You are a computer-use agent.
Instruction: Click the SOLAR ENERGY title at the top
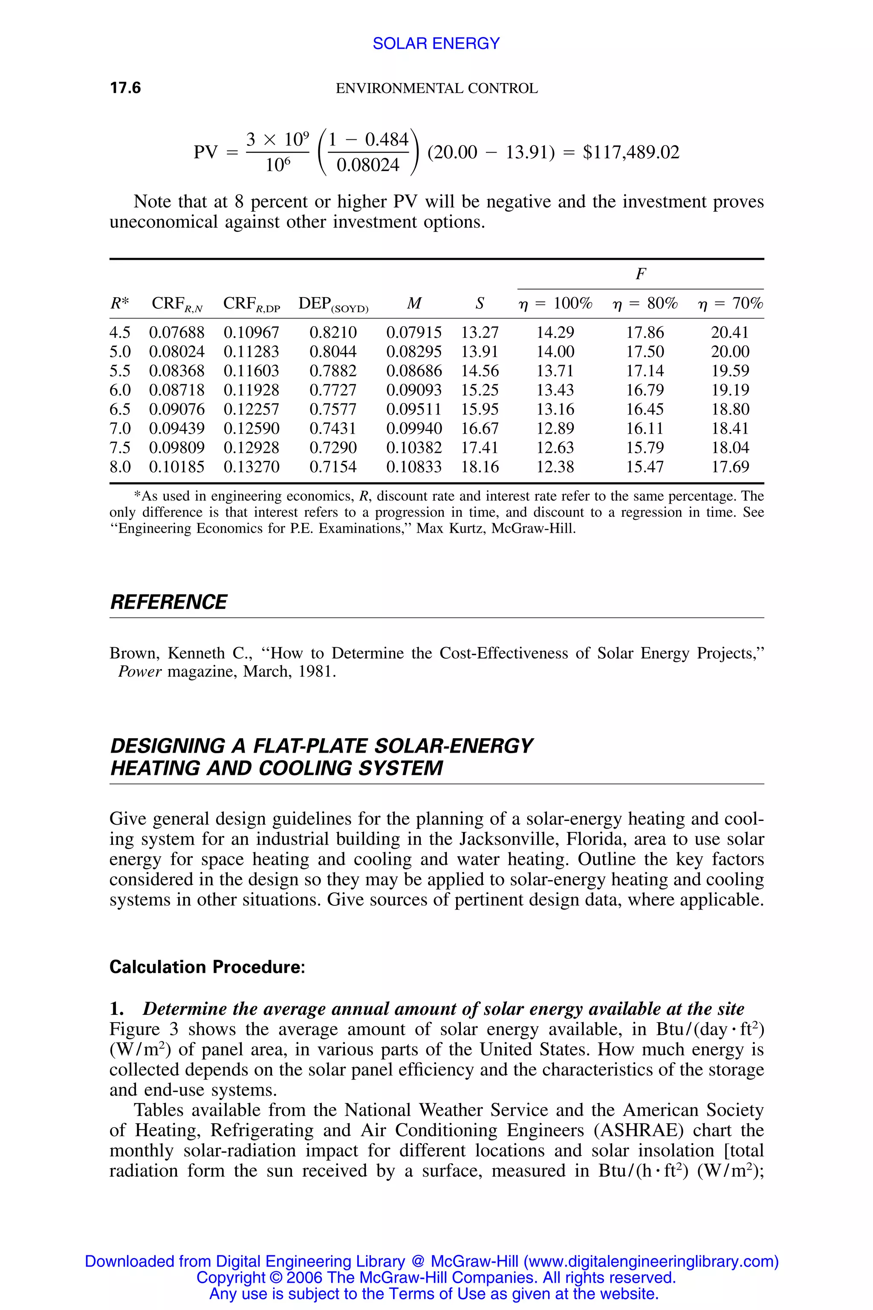click(436, 43)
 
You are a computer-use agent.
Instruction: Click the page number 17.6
click(125, 88)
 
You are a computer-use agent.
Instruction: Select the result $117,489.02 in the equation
click(631, 152)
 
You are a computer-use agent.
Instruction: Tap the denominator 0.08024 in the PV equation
click(368, 165)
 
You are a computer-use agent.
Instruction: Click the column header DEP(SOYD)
click(333, 304)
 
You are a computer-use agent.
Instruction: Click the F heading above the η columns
click(640, 274)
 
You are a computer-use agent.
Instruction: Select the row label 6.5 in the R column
click(120, 409)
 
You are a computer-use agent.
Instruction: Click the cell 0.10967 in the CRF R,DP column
click(251, 333)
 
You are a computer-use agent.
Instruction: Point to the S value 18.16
click(480, 467)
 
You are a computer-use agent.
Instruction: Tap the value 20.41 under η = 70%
click(730, 333)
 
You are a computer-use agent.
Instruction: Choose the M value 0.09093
click(413, 390)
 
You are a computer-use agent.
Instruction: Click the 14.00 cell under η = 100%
click(555, 351)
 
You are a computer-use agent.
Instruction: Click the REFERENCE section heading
click(168, 602)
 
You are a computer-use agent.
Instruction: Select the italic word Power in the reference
click(140, 672)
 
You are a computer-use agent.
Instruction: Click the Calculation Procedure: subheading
click(207, 967)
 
